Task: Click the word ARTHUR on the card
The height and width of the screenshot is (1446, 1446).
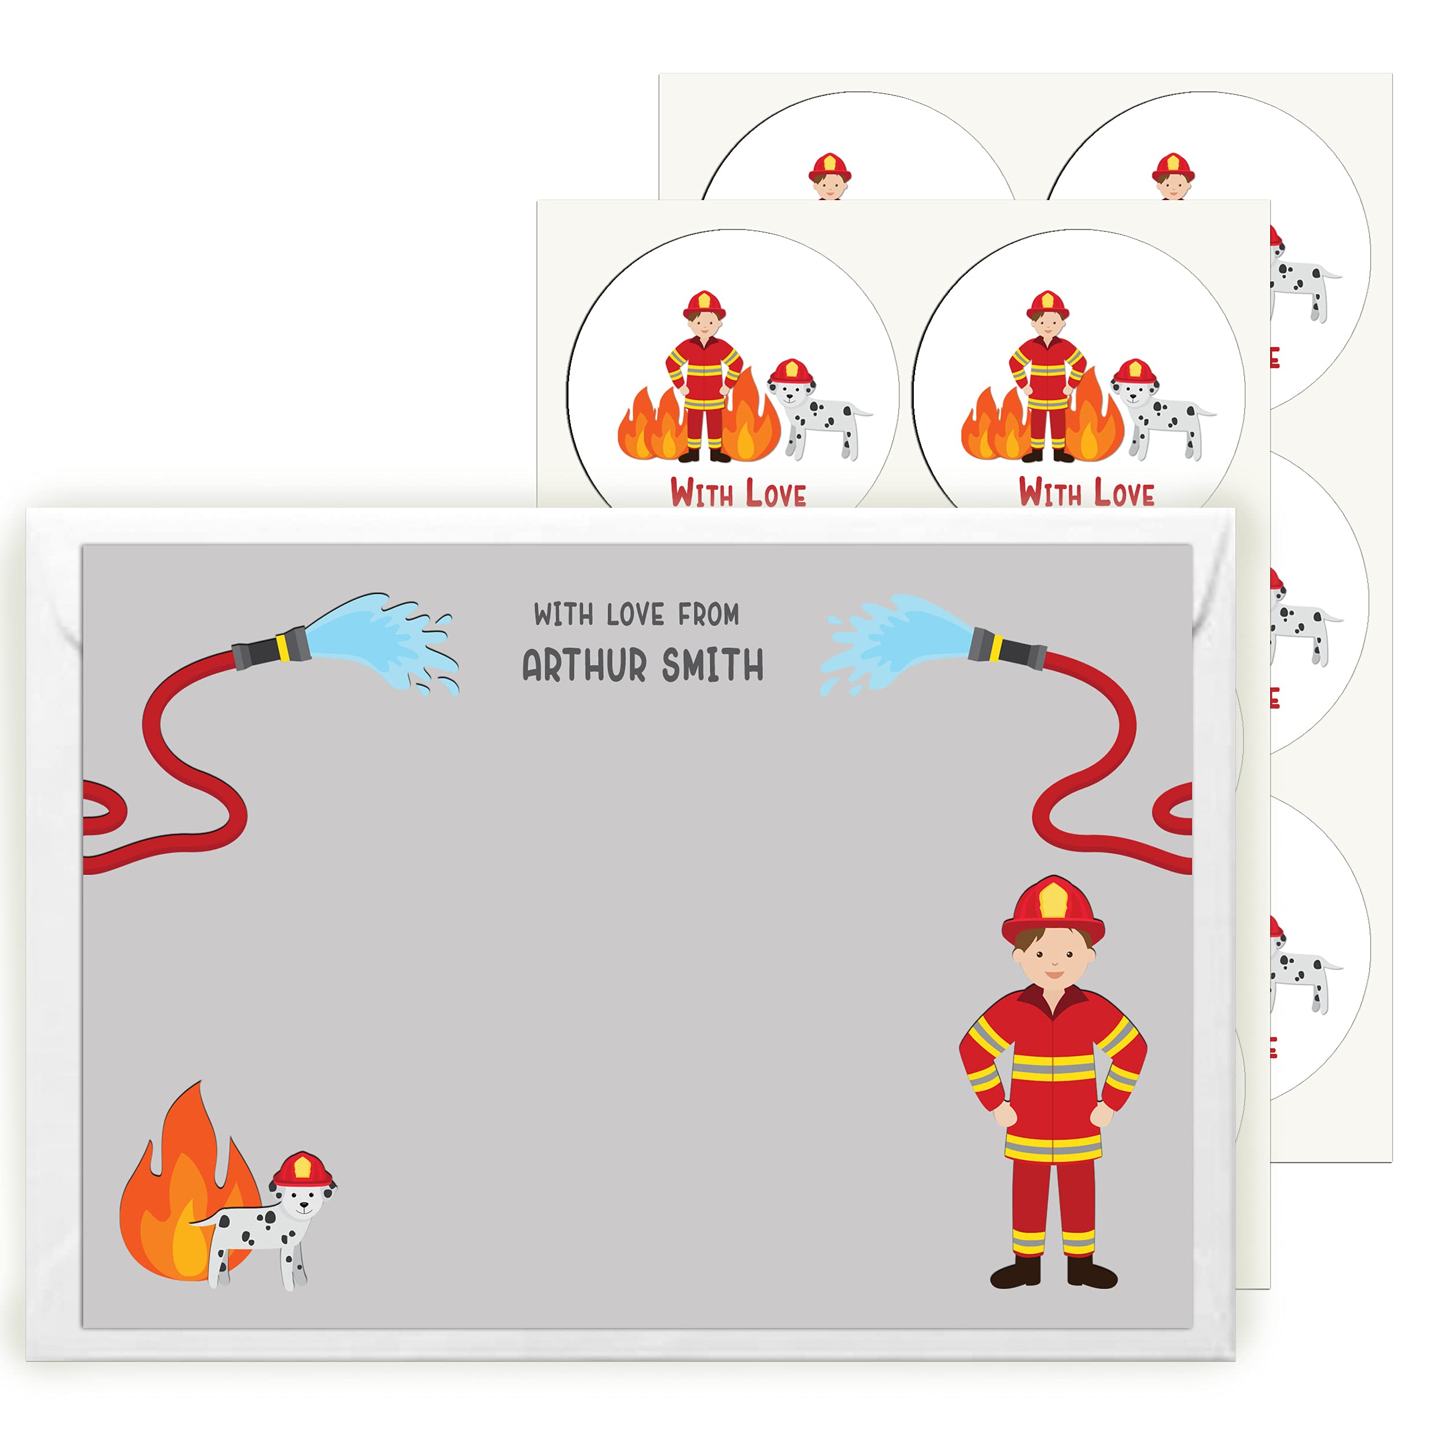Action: [x=584, y=665]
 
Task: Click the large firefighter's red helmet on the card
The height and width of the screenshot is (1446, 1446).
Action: [x=1053, y=911]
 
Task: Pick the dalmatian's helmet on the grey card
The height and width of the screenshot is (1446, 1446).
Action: [x=301, y=1171]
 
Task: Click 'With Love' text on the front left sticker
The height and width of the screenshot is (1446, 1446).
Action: [x=738, y=493]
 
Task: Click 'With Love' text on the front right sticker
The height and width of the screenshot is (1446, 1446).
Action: [x=1086, y=493]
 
